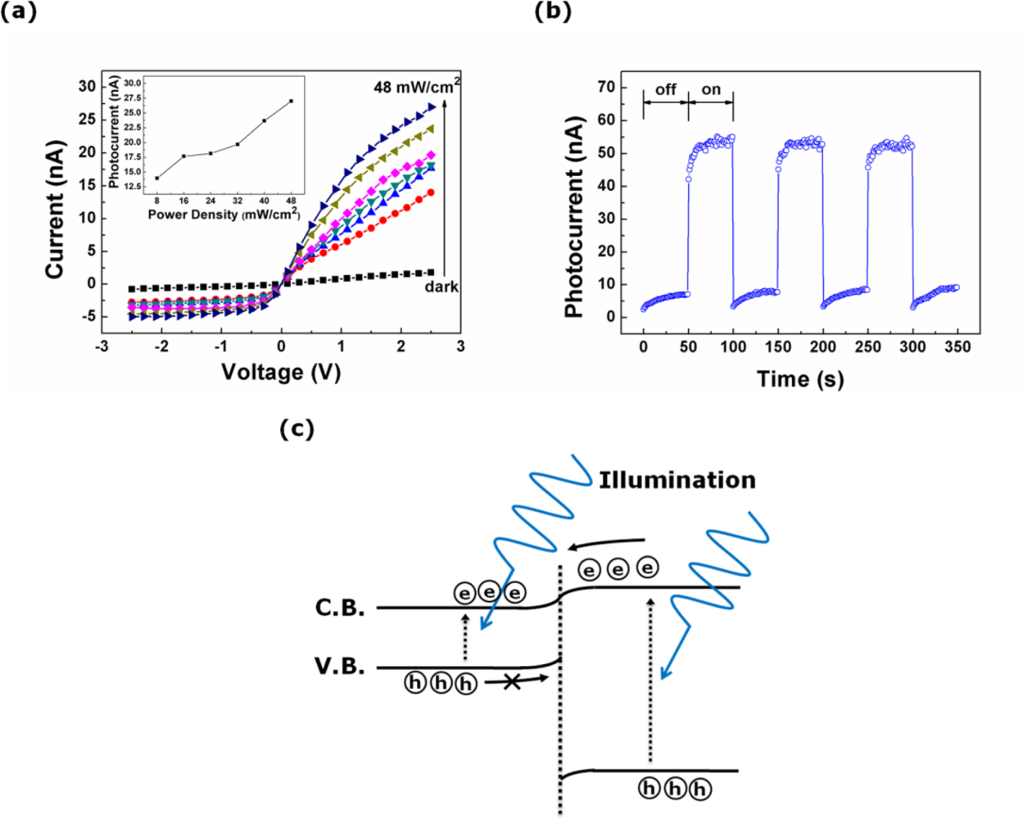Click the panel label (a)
click(19, 11)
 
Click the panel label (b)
click(552, 11)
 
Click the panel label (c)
click(296, 428)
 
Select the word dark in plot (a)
click(441, 287)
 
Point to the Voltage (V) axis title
click(280, 373)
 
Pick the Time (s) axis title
click(799, 379)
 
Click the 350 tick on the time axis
click(957, 346)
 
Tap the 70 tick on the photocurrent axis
click(605, 87)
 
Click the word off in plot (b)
click(666, 89)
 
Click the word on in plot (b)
click(711, 89)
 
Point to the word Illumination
click(677, 480)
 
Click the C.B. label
click(340, 608)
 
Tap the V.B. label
click(340, 667)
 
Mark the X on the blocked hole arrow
click(512, 681)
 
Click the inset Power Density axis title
click(224, 215)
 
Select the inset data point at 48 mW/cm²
click(291, 101)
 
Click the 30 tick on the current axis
click(86, 86)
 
